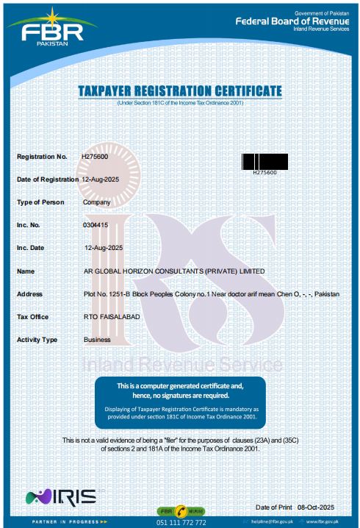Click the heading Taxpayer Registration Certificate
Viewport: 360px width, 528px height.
tap(180, 90)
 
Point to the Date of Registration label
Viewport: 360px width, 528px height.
tap(48, 179)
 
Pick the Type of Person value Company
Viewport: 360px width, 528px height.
tap(97, 202)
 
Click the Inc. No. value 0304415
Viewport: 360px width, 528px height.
tap(96, 225)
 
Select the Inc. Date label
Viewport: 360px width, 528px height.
tap(31, 248)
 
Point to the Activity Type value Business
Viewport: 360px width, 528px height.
tap(97, 340)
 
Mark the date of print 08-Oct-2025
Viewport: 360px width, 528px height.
tap(316, 508)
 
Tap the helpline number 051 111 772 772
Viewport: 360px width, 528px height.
tap(181, 522)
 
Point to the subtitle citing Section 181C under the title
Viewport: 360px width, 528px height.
tap(180, 102)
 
